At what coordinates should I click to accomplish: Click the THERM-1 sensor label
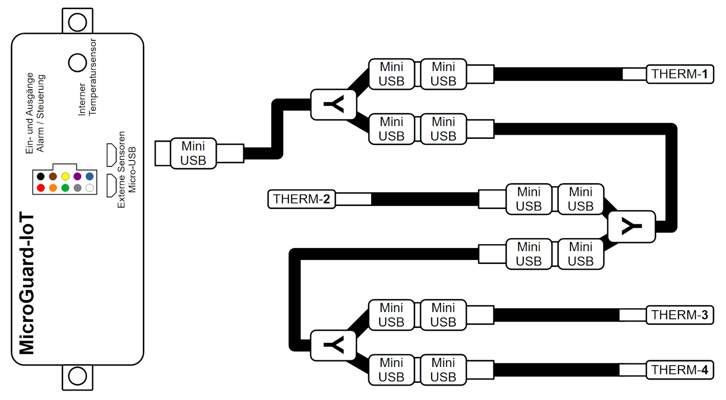pos(679,74)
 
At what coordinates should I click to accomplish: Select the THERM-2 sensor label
pos(301,199)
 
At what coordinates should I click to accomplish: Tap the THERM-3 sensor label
pos(679,315)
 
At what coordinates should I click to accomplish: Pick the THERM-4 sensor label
pos(679,370)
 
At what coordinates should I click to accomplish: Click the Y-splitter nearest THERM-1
pos(334,105)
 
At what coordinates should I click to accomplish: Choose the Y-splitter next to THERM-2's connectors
pos(631,226)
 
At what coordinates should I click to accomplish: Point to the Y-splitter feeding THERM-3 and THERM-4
pos(334,346)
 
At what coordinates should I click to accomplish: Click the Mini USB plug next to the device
pos(193,153)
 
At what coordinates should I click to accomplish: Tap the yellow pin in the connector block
pos(65,176)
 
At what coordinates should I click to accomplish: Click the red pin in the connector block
pos(41,188)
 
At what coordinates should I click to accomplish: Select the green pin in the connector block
pos(65,188)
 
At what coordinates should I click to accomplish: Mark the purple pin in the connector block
pos(78,176)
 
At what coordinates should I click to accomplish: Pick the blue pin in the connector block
pos(90,176)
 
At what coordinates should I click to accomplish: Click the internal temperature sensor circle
pos(78,63)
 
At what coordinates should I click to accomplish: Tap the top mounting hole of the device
pos(78,22)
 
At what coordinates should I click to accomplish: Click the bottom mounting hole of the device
pos(78,376)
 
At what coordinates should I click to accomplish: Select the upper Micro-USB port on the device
pos(111,155)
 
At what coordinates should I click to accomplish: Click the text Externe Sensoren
pos(121,170)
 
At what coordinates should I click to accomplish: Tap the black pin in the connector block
pos(41,176)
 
